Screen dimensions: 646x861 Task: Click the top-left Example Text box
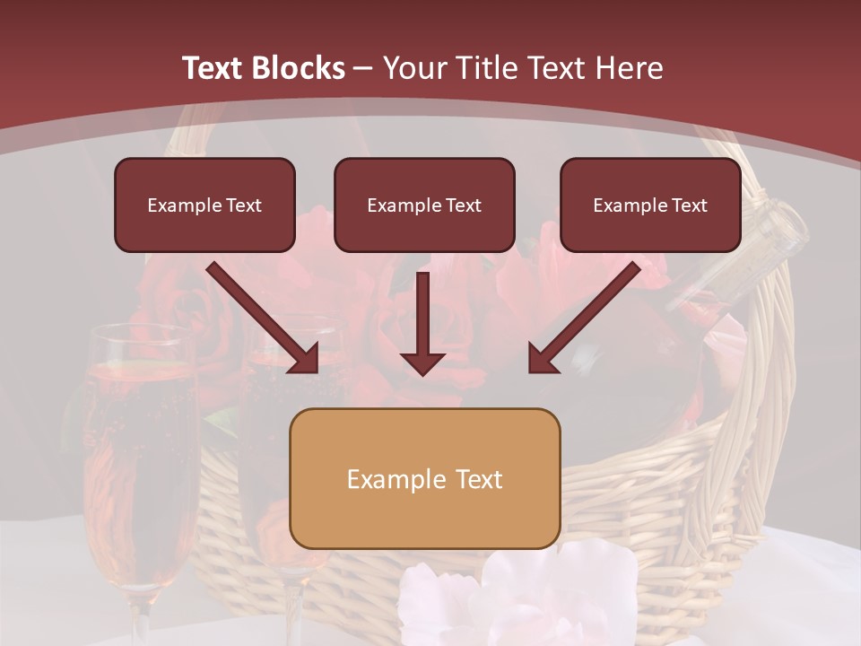204,205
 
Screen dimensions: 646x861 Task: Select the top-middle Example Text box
424,205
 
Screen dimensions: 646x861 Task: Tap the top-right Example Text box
650,205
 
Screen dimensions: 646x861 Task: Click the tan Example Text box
424,478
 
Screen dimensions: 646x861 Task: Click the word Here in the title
631,68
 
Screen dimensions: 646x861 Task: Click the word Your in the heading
412,68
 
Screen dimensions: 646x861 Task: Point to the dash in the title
363,68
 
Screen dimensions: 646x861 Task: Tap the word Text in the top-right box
689,205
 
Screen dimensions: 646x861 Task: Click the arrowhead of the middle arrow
422,362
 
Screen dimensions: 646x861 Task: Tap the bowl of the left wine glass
142,449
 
